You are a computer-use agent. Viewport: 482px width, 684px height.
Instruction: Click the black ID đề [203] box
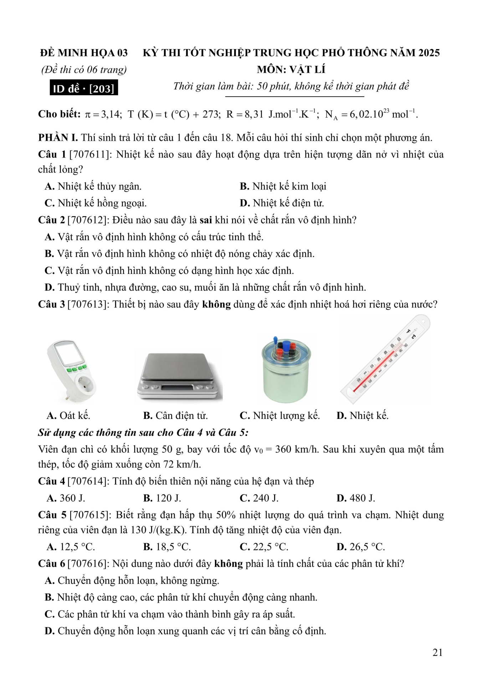(x=84, y=88)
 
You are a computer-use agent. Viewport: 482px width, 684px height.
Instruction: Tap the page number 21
(x=437, y=652)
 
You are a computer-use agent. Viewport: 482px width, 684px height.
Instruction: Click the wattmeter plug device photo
(x=72, y=370)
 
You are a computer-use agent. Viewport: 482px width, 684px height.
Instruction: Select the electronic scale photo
(x=178, y=376)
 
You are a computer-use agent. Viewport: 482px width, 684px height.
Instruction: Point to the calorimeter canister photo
(x=285, y=370)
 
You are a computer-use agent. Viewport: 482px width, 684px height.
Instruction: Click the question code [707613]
(x=88, y=305)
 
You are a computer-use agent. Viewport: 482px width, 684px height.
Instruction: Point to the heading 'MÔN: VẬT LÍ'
(x=291, y=69)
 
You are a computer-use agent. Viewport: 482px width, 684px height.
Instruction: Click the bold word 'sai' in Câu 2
(x=206, y=220)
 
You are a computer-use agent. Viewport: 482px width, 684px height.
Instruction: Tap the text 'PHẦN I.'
(x=58, y=138)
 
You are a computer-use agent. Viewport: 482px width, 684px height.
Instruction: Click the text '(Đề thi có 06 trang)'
(x=84, y=69)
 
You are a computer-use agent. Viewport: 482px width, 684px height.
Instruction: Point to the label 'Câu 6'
(x=52, y=564)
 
